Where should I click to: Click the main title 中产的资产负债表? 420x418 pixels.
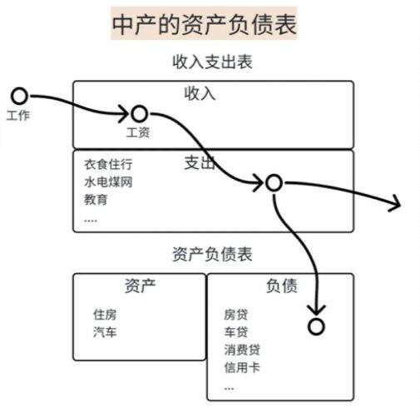[x=205, y=25]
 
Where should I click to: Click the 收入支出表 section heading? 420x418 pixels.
[x=212, y=62]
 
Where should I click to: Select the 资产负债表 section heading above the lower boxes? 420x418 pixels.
[x=212, y=254]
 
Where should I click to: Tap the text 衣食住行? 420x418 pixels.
[x=108, y=164]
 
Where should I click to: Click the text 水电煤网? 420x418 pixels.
[x=108, y=182]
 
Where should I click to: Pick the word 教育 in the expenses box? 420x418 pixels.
[x=96, y=200]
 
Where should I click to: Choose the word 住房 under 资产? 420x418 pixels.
[x=105, y=315]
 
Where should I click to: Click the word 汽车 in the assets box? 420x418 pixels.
[x=105, y=332]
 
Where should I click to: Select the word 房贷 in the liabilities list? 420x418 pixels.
[x=236, y=315]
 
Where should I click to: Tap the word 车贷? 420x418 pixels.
[x=236, y=332]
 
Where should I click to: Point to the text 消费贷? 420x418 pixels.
[x=242, y=350]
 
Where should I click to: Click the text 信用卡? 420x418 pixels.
[x=242, y=367]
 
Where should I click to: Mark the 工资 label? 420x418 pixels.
[x=138, y=132]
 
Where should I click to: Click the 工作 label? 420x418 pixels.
[x=18, y=116]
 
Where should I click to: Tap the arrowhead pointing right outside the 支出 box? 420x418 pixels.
[x=396, y=202]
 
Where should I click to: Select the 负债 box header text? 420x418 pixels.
[x=282, y=286]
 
